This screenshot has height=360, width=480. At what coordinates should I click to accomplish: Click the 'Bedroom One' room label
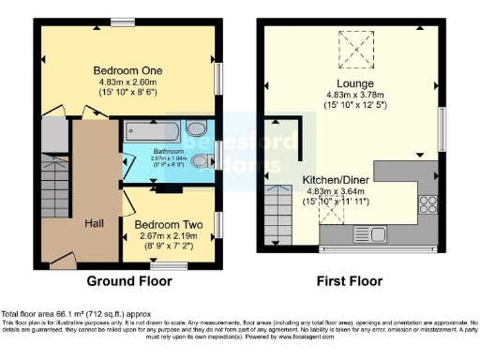(x=127, y=70)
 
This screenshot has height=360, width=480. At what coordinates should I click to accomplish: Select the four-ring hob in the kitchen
(x=429, y=202)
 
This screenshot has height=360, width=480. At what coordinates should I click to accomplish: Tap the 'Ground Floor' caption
(x=127, y=280)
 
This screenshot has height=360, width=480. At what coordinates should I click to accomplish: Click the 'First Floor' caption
(x=353, y=280)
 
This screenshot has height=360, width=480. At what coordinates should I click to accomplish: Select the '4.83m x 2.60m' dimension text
(x=127, y=82)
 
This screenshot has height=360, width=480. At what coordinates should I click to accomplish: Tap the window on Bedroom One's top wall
(x=121, y=22)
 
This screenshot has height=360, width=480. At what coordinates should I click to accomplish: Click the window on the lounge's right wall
(x=441, y=128)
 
